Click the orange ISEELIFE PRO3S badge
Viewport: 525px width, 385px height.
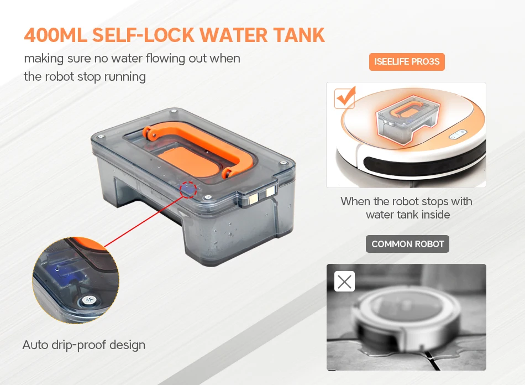[x=407, y=61]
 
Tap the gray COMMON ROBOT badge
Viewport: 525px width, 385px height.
[x=407, y=244]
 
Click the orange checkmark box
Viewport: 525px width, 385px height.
[x=344, y=98]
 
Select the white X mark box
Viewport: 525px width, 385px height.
[x=344, y=282]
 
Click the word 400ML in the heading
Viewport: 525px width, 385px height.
[x=55, y=35]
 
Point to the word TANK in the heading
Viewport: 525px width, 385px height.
[x=299, y=35]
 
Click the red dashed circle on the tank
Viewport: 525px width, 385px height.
[x=188, y=190]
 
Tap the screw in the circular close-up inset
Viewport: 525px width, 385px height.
[x=89, y=300]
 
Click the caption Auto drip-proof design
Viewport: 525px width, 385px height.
[x=83, y=345]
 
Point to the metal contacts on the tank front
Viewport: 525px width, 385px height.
[x=261, y=195]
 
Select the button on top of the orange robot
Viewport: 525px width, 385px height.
[x=458, y=134]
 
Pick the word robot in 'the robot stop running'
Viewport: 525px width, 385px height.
[x=59, y=77]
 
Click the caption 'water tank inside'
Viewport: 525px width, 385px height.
[x=408, y=215]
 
